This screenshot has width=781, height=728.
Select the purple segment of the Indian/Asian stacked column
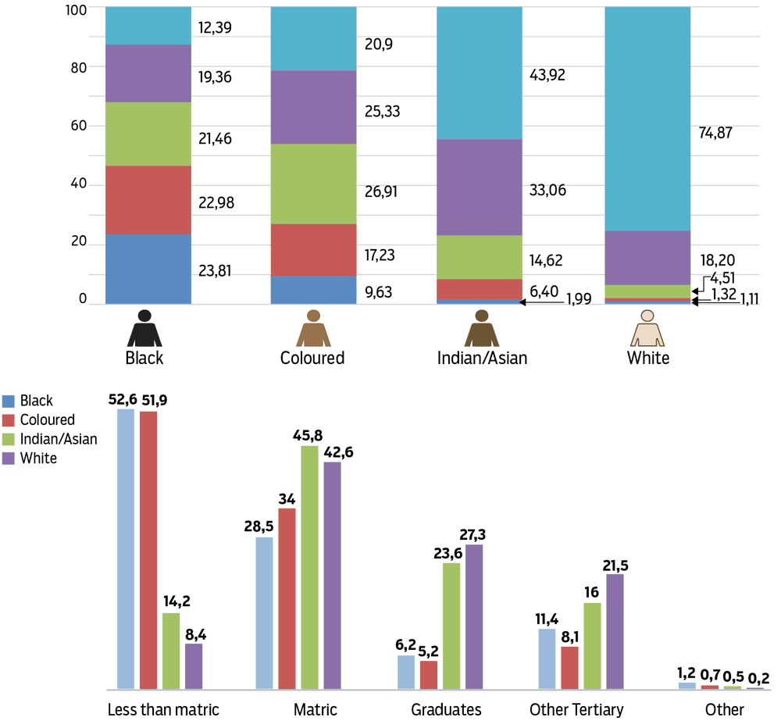tap(479, 187)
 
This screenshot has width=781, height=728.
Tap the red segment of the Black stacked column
tap(148, 200)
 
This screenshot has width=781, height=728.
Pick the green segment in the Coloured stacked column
tap(313, 184)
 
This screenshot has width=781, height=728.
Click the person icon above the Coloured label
tap(313, 328)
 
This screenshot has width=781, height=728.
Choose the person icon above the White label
tap(647, 328)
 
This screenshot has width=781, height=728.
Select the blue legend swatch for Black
tap(9, 401)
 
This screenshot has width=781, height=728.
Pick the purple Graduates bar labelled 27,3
tap(474, 617)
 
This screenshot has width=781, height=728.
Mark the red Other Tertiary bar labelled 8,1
tap(570, 668)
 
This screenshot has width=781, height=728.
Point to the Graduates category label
tap(446, 710)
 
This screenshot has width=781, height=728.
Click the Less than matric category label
tap(162, 710)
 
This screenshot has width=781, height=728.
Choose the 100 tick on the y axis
tap(72, 7)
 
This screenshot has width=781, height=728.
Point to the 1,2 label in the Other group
tap(686, 671)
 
